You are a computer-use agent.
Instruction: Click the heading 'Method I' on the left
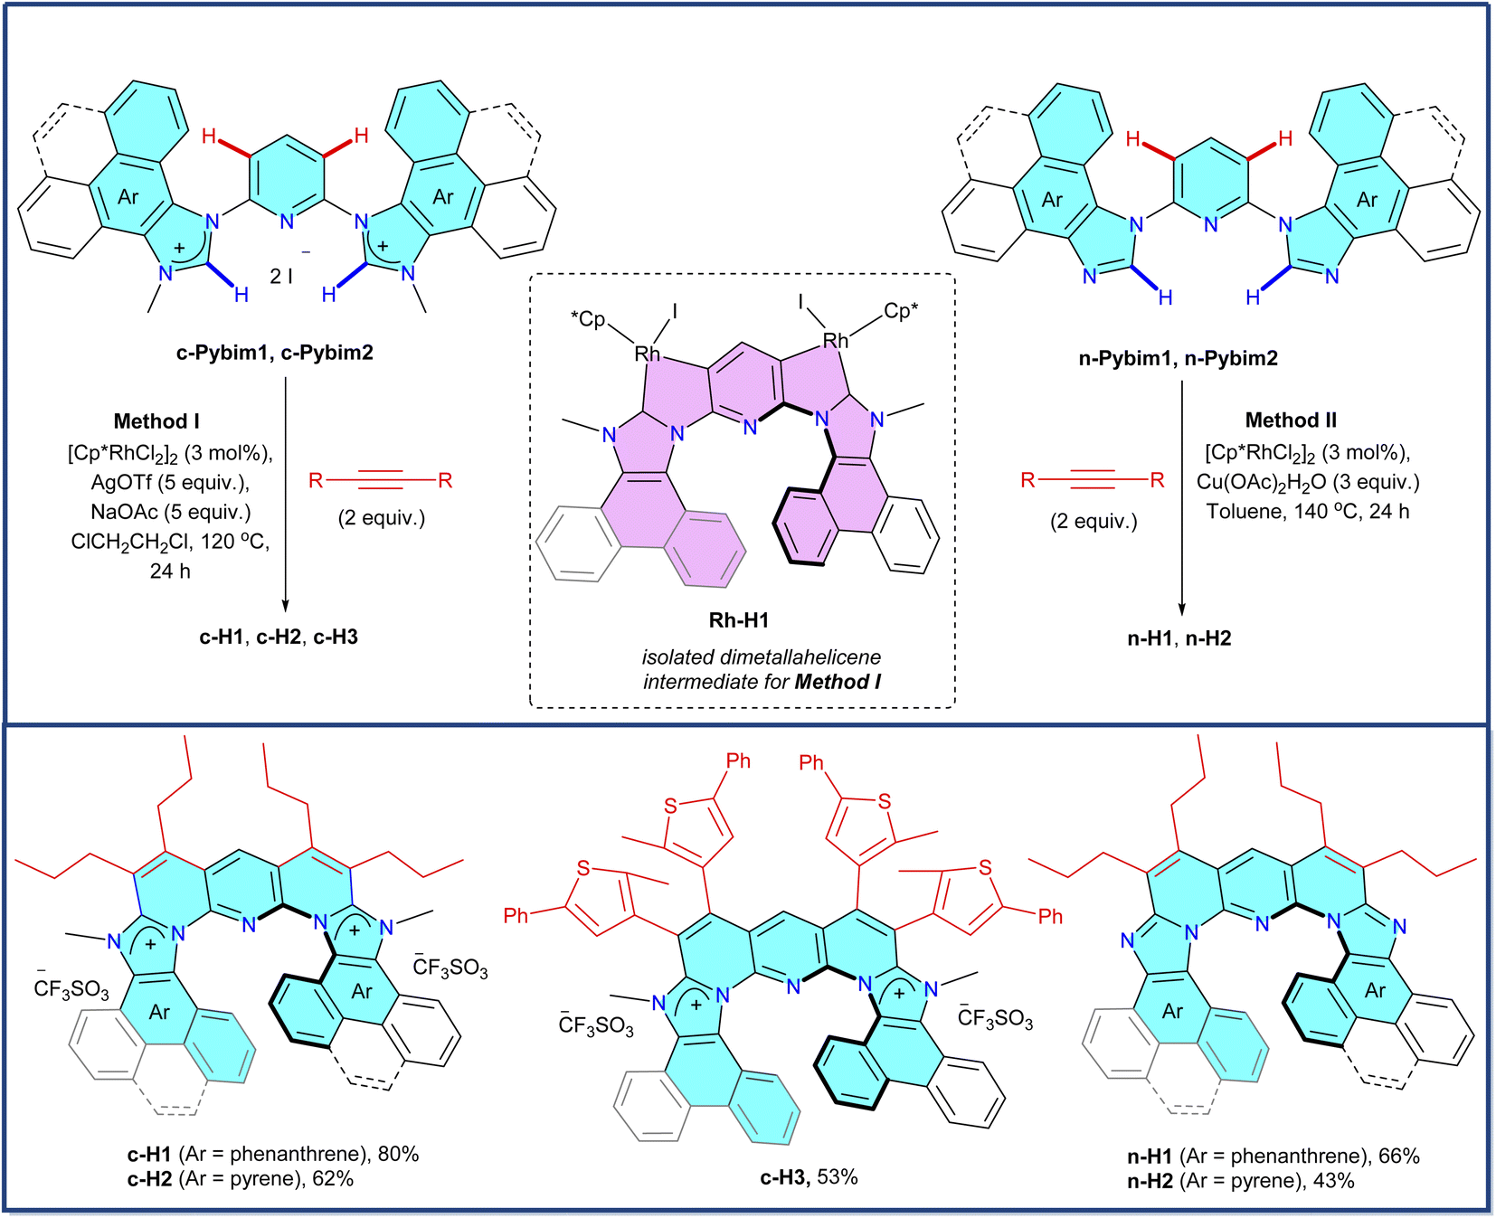click(156, 421)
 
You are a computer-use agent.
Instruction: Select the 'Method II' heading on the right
click(1290, 420)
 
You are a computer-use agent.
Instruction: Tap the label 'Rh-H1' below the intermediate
click(738, 620)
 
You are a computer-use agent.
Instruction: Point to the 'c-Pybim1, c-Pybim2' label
click(274, 353)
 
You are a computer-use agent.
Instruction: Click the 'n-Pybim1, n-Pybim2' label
click(1178, 359)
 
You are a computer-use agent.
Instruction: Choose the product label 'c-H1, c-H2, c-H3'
click(279, 637)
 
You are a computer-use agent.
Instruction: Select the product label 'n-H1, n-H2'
click(1179, 638)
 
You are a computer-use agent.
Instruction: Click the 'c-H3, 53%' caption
click(808, 1177)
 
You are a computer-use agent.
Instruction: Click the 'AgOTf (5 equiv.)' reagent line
click(170, 482)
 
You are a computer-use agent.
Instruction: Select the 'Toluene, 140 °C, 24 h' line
click(1307, 512)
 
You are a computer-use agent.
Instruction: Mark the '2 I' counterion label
click(281, 277)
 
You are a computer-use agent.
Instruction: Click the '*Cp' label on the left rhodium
click(588, 319)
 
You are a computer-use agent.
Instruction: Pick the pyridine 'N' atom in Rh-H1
click(750, 428)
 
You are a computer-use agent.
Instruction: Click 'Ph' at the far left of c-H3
click(516, 916)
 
